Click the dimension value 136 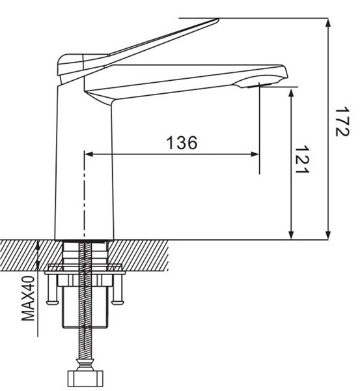coord(182,143)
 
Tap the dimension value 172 coord(342,122)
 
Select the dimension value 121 coord(302,160)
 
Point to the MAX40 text coord(28,298)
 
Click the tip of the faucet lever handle coord(218,19)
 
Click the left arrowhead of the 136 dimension coord(89,154)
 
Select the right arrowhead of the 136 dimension coord(255,154)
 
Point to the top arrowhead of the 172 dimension coord(328,23)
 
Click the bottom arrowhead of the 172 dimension coord(328,235)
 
